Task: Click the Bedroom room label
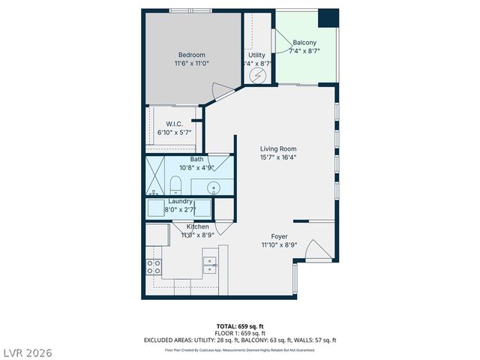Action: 192,54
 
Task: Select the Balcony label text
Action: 304,42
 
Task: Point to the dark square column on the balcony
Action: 328,18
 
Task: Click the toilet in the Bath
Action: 175,184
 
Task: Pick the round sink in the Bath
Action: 213,187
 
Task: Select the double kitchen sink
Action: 208,262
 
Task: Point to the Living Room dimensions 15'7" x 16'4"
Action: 278,157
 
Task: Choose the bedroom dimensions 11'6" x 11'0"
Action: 192,64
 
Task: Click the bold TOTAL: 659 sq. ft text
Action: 239,327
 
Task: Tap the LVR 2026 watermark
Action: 27,352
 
